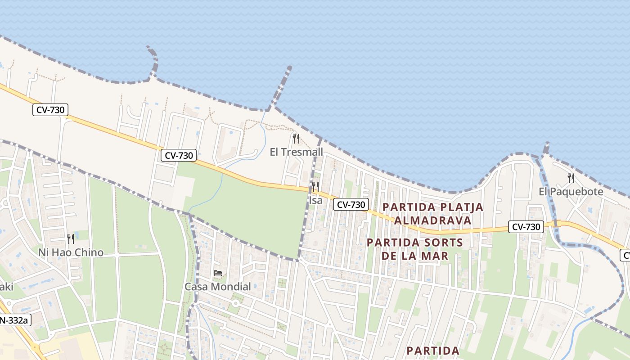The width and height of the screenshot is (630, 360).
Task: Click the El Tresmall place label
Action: pos(296,152)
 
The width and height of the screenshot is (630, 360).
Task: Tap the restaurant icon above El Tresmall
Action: pos(296,138)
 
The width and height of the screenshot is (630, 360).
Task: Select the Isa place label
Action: pos(315,200)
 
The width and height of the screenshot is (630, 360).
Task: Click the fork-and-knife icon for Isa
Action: pos(315,186)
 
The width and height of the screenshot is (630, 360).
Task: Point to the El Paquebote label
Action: pos(571,192)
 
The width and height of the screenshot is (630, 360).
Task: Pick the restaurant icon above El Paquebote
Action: pos(571,178)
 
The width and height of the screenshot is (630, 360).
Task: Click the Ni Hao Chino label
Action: pos(71,252)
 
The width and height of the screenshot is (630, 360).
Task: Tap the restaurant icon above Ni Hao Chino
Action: pos(71,238)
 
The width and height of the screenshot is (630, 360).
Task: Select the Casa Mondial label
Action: pos(218,287)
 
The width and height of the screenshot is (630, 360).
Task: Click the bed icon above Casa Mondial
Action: pos(218,273)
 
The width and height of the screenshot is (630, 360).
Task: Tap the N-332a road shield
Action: pos(14,320)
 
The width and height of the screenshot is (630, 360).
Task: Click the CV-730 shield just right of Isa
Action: pos(351,204)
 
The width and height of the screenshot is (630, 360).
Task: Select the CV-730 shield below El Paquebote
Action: pos(526,227)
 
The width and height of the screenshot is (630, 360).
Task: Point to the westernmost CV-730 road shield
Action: pos(50,109)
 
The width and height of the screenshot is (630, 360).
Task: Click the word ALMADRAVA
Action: pos(432,220)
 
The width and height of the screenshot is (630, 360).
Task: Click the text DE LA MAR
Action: pos(414,256)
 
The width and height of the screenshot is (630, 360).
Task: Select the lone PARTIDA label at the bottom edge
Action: pos(433,351)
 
